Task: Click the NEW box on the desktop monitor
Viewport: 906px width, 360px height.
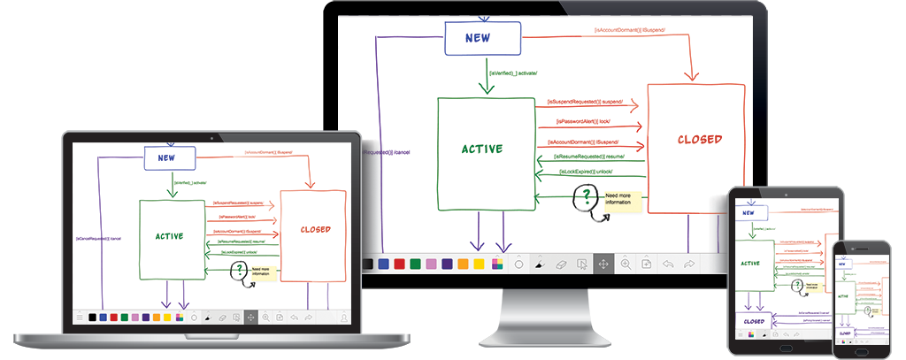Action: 482,38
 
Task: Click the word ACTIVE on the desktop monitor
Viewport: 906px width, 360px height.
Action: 481,149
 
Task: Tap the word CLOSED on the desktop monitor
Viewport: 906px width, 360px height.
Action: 699,139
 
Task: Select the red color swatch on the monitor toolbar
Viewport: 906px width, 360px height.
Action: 399,264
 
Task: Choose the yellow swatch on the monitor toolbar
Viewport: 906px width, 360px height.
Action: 479,264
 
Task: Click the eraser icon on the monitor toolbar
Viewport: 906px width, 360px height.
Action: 559,264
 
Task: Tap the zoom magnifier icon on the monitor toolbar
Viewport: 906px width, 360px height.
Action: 626,264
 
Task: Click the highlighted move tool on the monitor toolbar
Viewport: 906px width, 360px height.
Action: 603,264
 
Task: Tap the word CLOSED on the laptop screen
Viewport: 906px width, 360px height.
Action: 315,229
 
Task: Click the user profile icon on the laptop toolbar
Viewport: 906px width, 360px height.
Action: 343,317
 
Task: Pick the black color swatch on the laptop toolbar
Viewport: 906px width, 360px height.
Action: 92,317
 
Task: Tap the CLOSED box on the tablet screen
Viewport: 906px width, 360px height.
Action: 754,320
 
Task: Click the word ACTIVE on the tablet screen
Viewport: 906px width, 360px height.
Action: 750,263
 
